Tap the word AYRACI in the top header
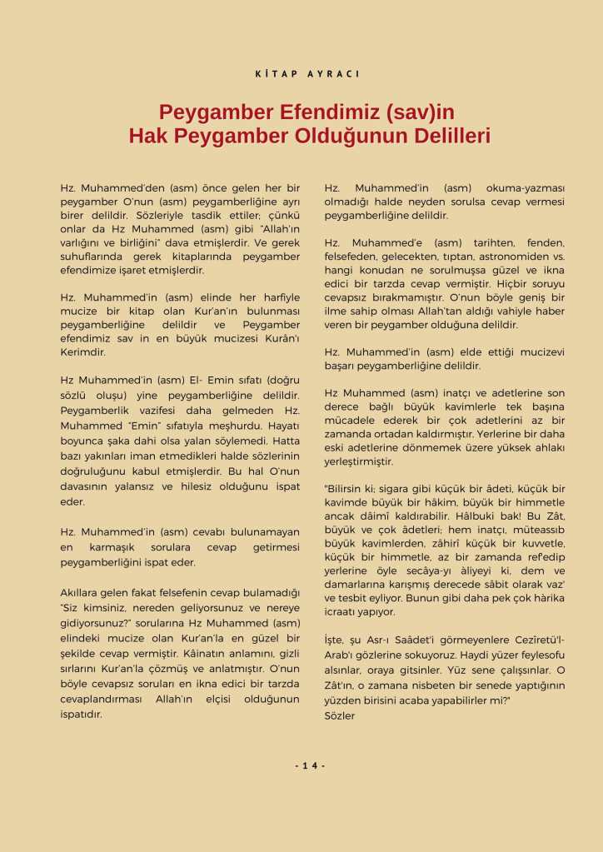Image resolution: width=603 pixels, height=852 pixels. click(332, 74)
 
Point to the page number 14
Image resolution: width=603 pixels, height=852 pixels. click(309, 766)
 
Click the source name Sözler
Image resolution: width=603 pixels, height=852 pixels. click(339, 715)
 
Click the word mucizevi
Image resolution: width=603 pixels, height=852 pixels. click(541, 351)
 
